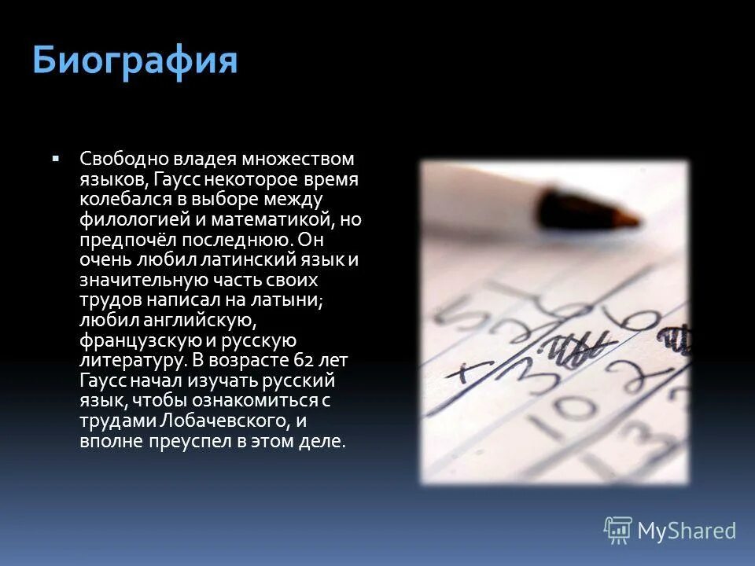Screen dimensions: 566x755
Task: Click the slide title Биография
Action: [134, 61]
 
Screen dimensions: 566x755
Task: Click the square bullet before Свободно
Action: [56, 159]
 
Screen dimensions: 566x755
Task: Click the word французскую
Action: [133, 340]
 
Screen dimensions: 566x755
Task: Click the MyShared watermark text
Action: [687, 531]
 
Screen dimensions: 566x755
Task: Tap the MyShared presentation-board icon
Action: [618, 531]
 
